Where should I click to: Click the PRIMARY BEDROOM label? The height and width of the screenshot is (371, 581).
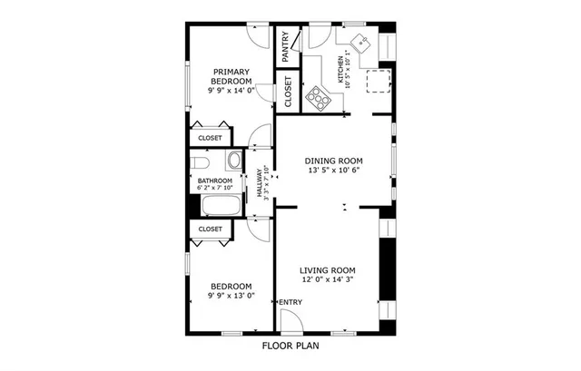pyautogui.click(x=231, y=75)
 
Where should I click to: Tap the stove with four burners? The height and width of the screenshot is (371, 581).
pyautogui.click(x=317, y=97)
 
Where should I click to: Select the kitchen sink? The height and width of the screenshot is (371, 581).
pyautogui.click(x=361, y=43)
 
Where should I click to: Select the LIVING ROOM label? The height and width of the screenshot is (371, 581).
pyautogui.click(x=328, y=270)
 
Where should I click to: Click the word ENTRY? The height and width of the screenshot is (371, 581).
pyautogui.click(x=290, y=302)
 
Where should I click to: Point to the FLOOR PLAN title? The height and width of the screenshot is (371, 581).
pyautogui.click(x=290, y=346)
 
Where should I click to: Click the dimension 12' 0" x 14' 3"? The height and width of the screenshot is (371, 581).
pyautogui.click(x=328, y=281)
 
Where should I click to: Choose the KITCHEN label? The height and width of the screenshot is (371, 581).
pyautogui.click(x=341, y=70)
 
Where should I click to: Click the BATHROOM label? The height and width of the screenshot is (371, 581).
pyautogui.click(x=215, y=181)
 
